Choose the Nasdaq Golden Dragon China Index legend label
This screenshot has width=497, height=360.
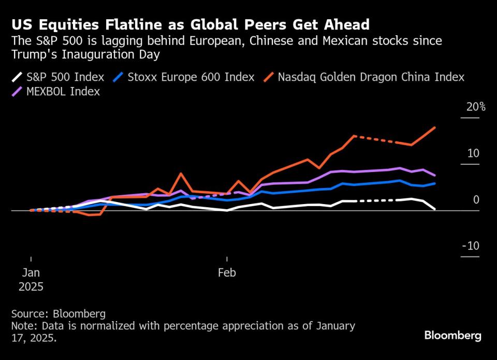(x=371, y=77)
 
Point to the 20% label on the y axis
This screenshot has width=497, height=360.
(x=475, y=107)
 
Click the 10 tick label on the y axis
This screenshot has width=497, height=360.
(x=473, y=154)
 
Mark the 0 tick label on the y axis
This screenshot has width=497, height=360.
(x=476, y=200)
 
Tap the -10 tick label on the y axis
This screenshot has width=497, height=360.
(x=471, y=246)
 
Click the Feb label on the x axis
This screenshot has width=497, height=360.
(x=227, y=272)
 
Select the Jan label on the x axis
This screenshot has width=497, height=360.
(x=31, y=272)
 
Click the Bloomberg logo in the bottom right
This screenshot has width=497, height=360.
(x=452, y=336)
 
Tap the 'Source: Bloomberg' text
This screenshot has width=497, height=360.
(x=58, y=314)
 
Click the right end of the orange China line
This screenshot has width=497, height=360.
(x=434, y=127)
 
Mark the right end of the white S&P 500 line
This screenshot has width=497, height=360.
(x=434, y=209)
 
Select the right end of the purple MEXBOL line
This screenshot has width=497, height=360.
(x=434, y=176)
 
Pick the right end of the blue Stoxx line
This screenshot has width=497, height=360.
(x=434, y=183)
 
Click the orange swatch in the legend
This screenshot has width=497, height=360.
(x=269, y=77)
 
